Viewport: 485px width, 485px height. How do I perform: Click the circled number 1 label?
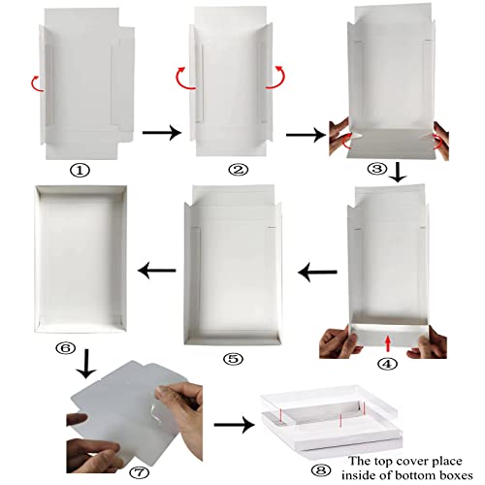(x=81, y=168)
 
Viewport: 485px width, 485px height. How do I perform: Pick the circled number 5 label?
(x=231, y=357)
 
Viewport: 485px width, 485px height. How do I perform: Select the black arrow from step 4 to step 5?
(x=317, y=274)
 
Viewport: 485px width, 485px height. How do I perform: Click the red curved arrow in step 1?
(x=35, y=81)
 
